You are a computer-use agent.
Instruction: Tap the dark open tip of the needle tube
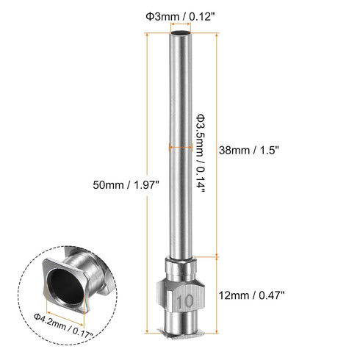pos(180,34)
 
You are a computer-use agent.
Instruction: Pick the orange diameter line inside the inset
pos(66,307)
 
